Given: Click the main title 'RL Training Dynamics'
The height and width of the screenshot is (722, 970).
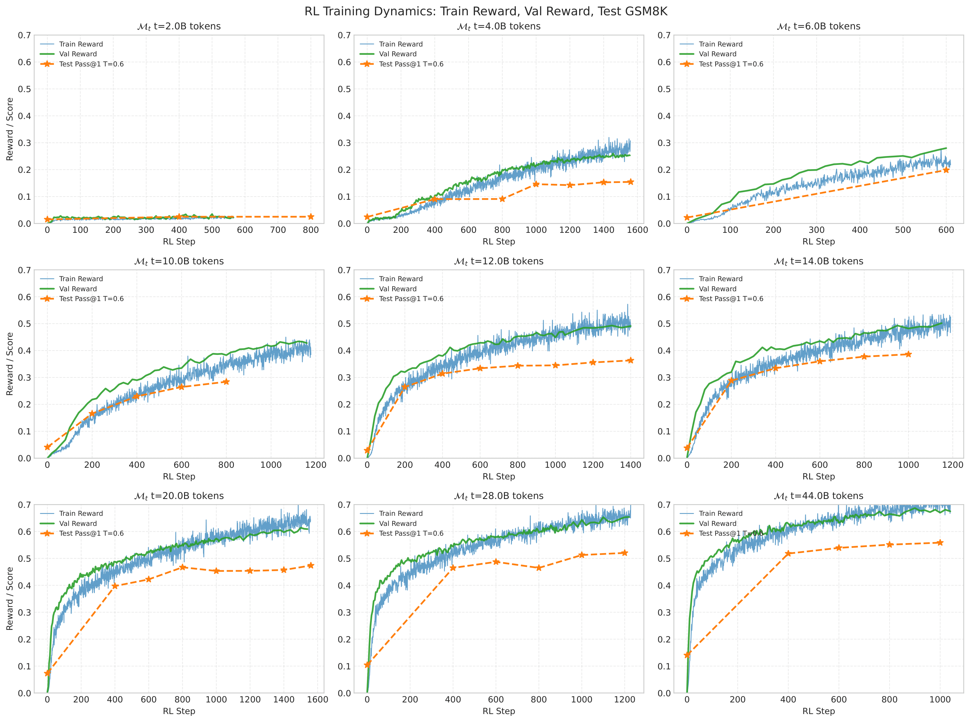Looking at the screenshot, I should pyautogui.click(x=486, y=11).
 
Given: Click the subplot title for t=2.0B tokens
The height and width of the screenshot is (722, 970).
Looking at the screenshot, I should pyautogui.click(x=179, y=26).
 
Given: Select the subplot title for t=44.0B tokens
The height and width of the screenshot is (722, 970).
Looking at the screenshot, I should pyautogui.click(x=818, y=496).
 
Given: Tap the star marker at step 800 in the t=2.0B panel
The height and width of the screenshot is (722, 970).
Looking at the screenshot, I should pyautogui.click(x=310, y=217).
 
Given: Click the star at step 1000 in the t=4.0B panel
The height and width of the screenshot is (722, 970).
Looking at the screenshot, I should pyautogui.click(x=536, y=184).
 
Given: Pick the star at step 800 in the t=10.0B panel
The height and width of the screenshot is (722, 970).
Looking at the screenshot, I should pyautogui.click(x=226, y=381).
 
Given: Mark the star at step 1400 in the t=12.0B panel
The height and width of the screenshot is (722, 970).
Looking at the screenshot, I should pyautogui.click(x=630, y=360).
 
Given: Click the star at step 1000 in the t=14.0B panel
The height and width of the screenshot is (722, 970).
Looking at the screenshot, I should pyautogui.click(x=908, y=354).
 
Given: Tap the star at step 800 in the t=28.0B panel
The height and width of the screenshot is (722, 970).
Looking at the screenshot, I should pyautogui.click(x=539, y=568).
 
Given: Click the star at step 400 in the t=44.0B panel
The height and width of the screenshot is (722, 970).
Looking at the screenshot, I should pyautogui.click(x=788, y=554).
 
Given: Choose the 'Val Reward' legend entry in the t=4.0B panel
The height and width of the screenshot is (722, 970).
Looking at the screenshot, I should pyautogui.click(x=398, y=54).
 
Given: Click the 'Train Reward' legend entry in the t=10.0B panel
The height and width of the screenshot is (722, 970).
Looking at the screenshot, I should pyautogui.click(x=81, y=279).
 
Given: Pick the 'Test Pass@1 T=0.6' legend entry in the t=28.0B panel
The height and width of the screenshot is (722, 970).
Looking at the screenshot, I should pyautogui.click(x=411, y=533).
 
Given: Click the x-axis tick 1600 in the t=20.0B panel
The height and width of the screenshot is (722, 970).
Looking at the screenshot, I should pyautogui.click(x=317, y=700).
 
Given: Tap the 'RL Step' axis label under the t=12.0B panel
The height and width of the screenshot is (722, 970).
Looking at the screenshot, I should pyautogui.click(x=499, y=476).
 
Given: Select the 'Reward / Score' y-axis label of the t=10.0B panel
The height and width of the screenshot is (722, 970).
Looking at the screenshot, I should pyautogui.click(x=9, y=364).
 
